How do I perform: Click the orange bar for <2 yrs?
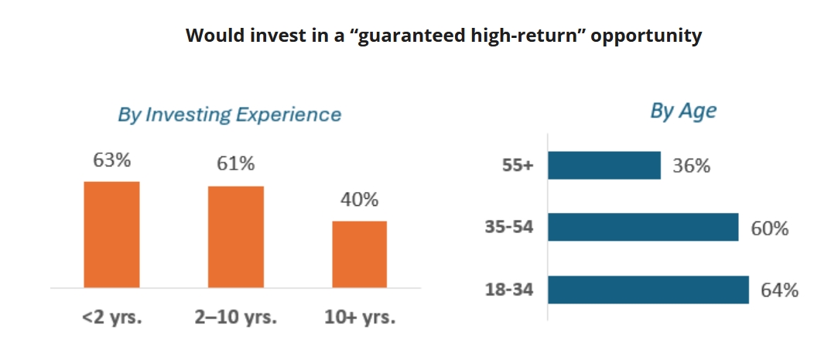coord(111,235)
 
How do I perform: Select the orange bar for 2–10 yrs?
coord(236,237)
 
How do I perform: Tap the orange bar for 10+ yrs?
coord(360,255)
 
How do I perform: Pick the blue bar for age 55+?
coord(604,165)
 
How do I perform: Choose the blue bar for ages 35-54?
coord(644,228)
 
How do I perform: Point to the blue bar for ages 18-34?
coord(648,290)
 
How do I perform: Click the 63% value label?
coord(112,160)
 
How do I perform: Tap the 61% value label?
coord(236,165)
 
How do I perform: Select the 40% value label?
coord(360,200)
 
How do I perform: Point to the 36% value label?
coord(692,166)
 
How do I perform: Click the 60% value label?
coord(770,228)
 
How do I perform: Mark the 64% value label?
coord(780,290)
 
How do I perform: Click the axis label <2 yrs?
coord(111,317)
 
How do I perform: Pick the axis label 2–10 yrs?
coord(236,317)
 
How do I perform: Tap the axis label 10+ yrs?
coord(360,317)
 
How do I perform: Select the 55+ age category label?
coord(518,166)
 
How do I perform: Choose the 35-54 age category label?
coord(510,228)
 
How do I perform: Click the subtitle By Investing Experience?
coord(229,115)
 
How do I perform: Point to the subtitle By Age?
coord(683,111)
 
